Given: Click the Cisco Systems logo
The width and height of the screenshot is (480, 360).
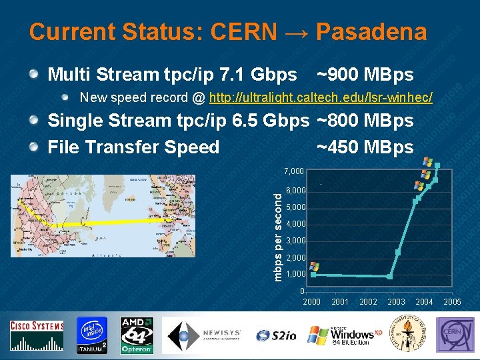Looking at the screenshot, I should [x=37, y=335].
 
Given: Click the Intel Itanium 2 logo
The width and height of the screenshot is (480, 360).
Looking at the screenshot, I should [x=91, y=335].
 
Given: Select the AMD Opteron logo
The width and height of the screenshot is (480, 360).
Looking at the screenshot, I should [x=137, y=335].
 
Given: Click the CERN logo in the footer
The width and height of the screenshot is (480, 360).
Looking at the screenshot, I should [x=455, y=335].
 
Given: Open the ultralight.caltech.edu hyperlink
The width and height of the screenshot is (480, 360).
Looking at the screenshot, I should [x=321, y=98].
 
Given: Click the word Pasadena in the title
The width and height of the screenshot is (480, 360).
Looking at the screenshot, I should [x=371, y=31].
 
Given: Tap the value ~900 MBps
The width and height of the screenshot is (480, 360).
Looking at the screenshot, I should [x=365, y=74].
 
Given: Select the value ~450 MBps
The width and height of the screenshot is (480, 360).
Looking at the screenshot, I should [x=365, y=147].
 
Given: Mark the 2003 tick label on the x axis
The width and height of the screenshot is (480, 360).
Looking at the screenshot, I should [x=396, y=302].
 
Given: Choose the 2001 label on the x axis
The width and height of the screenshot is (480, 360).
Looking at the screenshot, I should [x=340, y=302].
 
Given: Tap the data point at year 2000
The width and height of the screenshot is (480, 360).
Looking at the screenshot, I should [x=313, y=274].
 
